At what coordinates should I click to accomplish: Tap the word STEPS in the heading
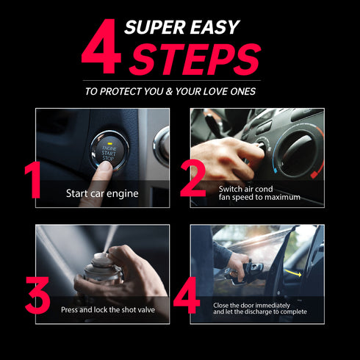coord(194,60)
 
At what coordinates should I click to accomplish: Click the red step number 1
coord(33,180)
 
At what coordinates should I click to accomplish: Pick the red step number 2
coord(193,180)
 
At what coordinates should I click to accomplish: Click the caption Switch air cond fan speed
coord(259,193)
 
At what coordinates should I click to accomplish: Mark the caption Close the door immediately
coord(260,309)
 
